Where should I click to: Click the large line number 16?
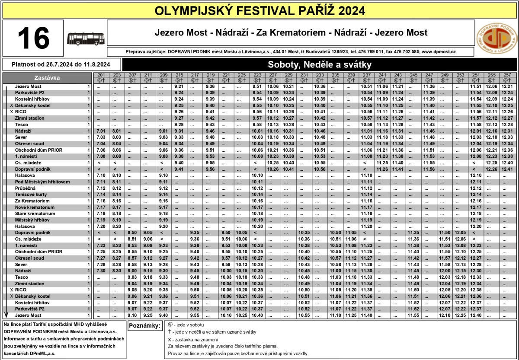click(34, 38)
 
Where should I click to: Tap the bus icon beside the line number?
click(86, 38)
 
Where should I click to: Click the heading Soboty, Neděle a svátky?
click(320, 65)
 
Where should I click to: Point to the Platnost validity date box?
click(61, 65)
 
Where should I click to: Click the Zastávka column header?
click(48, 78)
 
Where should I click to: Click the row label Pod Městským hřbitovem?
click(42, 182)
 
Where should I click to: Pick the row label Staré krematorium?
click(35, 213)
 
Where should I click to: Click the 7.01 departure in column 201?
click(101, 131)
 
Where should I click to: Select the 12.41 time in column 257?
click(507, 169)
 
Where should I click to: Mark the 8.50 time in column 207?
click(132, 233)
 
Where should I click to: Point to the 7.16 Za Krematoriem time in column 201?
click(101, 201)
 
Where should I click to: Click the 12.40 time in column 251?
click(476, 315)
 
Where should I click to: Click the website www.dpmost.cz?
click(439, 51)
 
